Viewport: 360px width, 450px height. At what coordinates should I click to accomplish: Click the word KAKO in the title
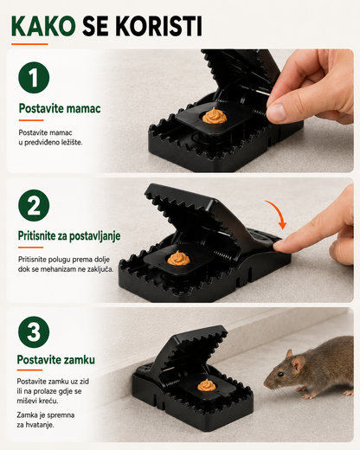43,26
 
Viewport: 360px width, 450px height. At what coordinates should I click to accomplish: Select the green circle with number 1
34,77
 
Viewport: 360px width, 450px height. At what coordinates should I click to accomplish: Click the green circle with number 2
34,205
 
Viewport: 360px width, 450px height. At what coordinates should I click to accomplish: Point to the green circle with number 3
34,331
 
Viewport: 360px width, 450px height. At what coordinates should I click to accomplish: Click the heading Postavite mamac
60,108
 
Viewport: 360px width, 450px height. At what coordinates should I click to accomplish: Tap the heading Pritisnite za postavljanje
69,236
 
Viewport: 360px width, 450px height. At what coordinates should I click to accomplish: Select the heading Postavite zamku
56,360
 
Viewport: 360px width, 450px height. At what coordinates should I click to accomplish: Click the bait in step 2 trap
178,258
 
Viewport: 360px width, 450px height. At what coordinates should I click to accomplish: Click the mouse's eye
280,374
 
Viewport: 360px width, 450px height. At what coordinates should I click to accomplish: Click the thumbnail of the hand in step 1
275,112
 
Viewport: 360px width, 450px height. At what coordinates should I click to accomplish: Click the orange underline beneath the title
29,44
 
